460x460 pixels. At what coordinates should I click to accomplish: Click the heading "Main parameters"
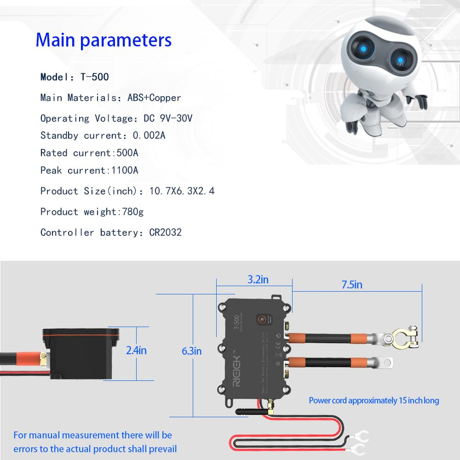(x=103, y=40)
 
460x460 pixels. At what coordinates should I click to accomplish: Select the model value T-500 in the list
(x=94, y=77)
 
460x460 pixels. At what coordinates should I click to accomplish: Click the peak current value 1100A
(x=125, y=170)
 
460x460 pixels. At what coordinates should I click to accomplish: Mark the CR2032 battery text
(x=165, y=232)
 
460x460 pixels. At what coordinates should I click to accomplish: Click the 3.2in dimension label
(x=258, y=279)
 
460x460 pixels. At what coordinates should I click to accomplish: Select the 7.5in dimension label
(x=352, y=285)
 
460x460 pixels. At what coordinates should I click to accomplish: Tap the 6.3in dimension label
(x=191, y=351)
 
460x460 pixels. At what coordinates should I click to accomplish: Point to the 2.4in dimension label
(x=136, y=351)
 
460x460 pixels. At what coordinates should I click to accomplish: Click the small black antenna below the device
(x=248, y=411)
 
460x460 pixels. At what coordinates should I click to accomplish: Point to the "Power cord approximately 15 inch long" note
(x=374, y=401)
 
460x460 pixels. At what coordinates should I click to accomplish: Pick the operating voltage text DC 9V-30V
(x=168, y=118)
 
